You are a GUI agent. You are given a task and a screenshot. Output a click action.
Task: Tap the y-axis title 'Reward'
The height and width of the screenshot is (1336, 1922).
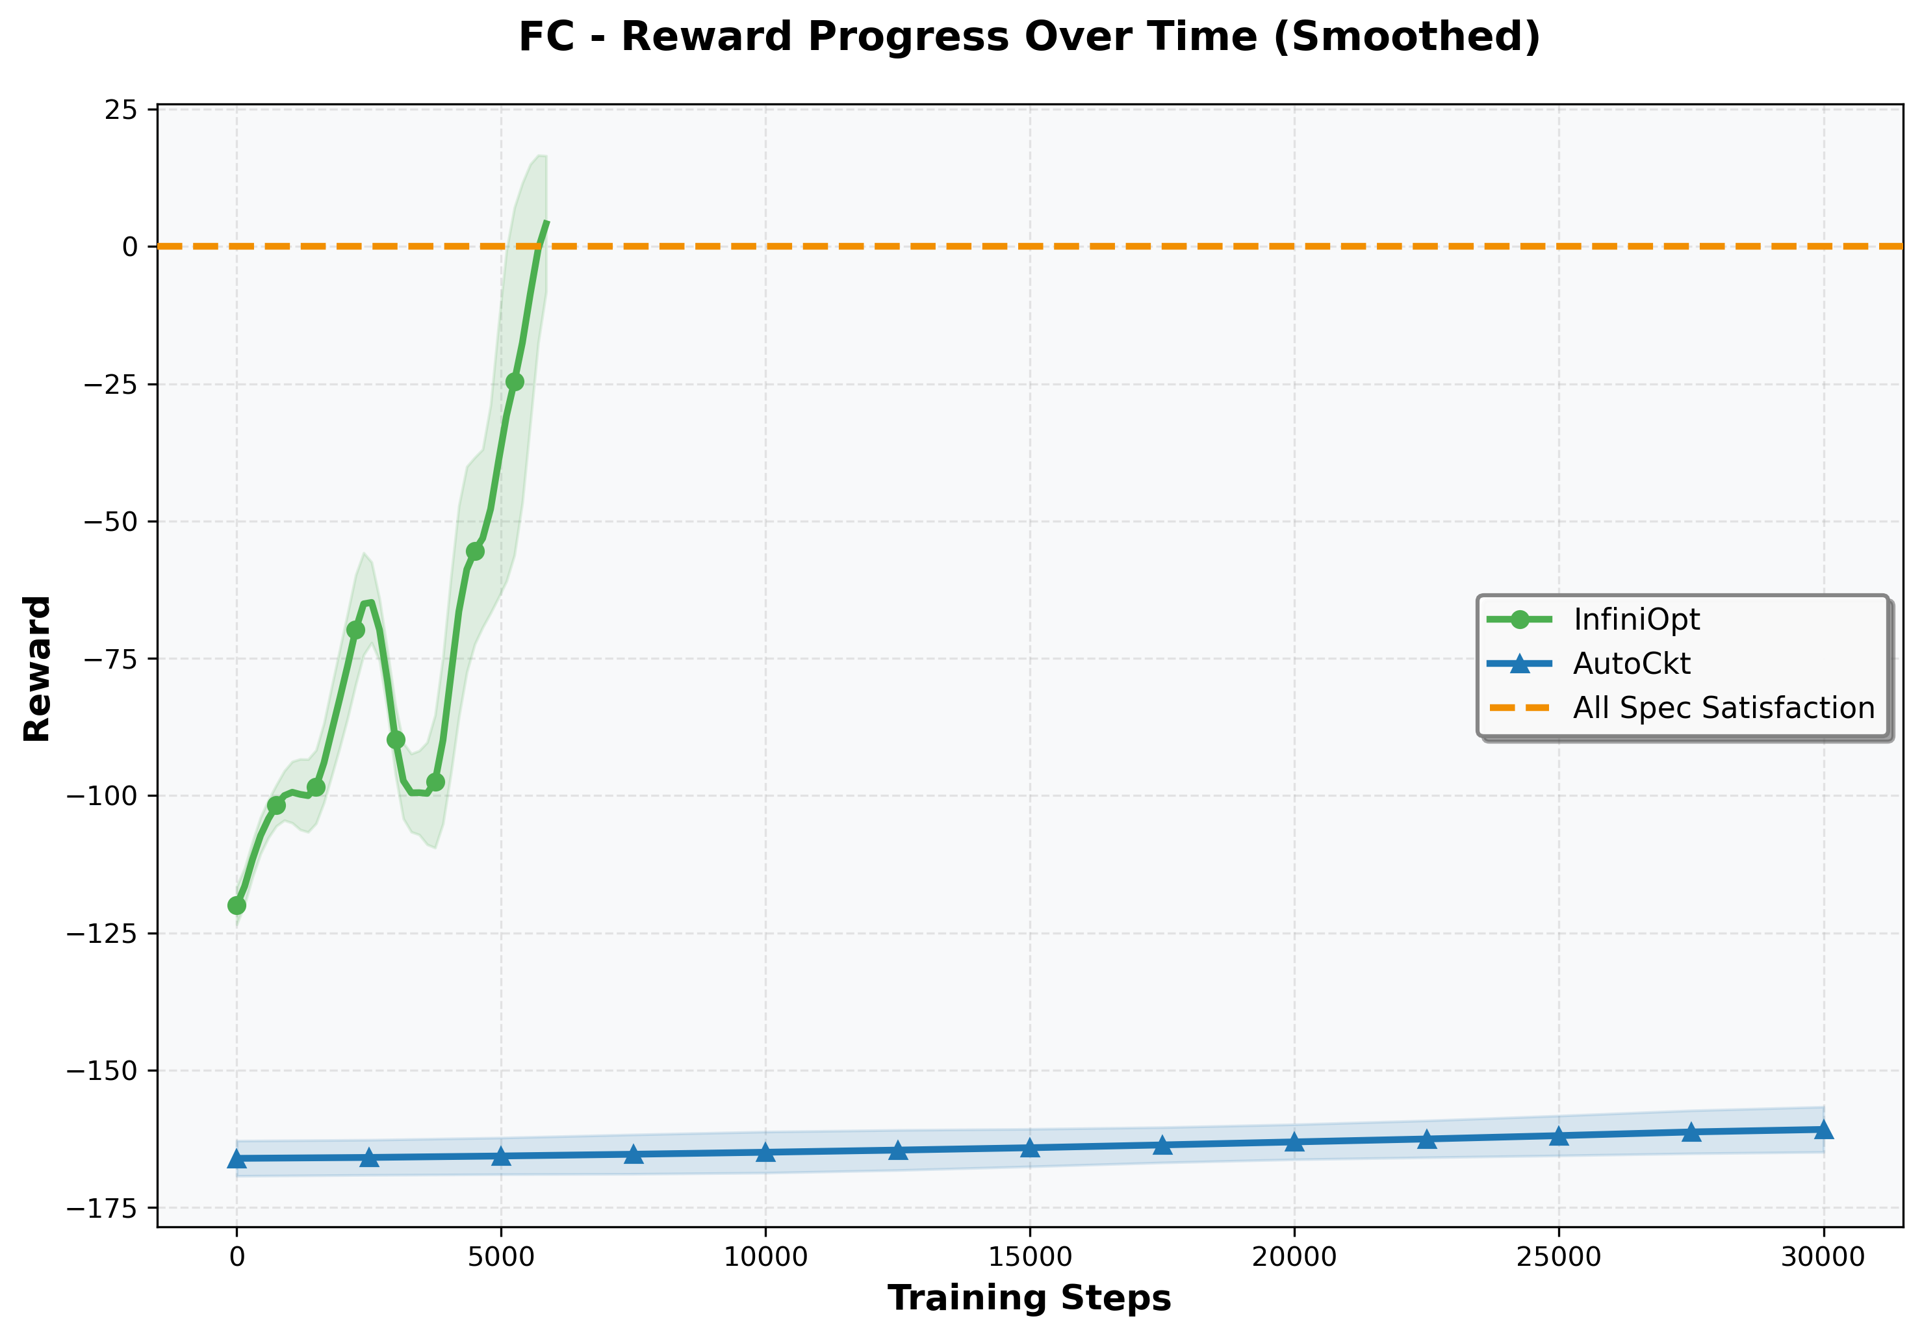coord(38,669)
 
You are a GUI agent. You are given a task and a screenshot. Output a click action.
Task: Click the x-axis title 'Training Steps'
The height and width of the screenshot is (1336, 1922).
coord(1029,1298)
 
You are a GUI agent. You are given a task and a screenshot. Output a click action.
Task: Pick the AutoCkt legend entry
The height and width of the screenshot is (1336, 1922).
coord(1631,664)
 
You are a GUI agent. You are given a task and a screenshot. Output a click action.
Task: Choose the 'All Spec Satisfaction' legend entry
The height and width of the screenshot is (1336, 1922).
coord(1723,708)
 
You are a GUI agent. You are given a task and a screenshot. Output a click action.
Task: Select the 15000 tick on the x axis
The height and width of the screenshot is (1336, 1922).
coord(1030,1257)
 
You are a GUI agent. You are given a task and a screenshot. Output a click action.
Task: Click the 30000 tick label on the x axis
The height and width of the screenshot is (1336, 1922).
coord(1823,1257)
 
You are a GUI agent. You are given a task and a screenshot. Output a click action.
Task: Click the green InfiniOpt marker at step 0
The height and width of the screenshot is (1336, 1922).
coord(237,906)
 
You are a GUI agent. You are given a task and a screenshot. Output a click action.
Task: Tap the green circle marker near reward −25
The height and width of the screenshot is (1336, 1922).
coord(515,381)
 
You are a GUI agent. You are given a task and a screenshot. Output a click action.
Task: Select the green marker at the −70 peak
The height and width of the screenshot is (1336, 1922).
coord(356,630)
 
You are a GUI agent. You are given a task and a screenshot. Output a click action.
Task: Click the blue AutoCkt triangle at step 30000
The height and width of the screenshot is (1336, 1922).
coord(1823,1130)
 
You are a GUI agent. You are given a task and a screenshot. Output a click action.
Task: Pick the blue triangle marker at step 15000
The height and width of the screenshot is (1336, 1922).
coord(1030,1148)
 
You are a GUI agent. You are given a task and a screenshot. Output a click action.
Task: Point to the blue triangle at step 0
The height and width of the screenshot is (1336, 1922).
coord(237,1159)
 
